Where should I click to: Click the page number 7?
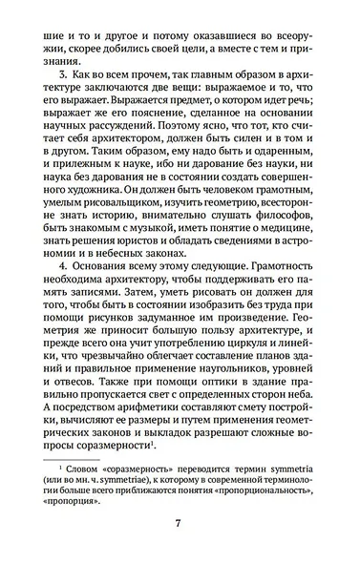coord(179,523)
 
